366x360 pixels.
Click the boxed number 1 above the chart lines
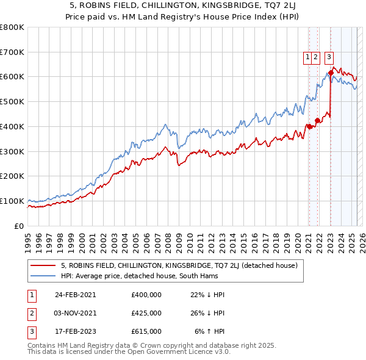pyautogui.click(x=308, y=57)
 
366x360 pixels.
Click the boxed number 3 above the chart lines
pyautogui.click(x=329, y=57)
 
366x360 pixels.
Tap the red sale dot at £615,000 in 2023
pyautogui.click(x=331, y=73)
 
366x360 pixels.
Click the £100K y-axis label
pyautogui.click(x=13, y=201)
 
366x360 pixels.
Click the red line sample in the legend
pyautogui.click(x=43, y=265)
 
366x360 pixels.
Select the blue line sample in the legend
pyautogui.click(x=43, y=276)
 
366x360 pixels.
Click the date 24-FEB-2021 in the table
pyautogui.click(x=76, y=294)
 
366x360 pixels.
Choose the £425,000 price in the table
pyautogui.click(x=146, y=313)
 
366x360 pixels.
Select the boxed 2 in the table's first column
pyautogui.click(x=31, y=313)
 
